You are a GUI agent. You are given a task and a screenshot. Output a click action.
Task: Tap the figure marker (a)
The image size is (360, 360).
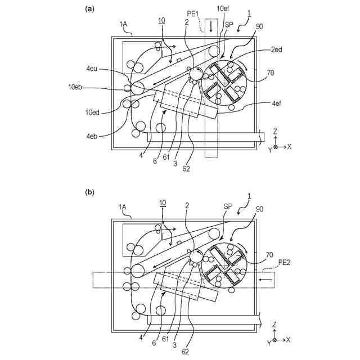coord(89,9)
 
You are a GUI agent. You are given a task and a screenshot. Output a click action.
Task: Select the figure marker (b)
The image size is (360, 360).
coord(89,191)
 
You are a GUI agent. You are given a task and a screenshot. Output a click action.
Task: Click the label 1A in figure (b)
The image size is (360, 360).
coord(123,208)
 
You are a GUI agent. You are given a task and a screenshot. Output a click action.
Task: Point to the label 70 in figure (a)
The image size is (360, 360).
coord(270,73)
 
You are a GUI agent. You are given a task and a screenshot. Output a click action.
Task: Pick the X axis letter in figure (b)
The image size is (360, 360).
coord(289,340)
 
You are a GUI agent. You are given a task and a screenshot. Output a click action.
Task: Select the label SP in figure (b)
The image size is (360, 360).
coord(229,207)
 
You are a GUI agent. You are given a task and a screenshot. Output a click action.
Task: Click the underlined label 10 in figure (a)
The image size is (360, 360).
coord(162,21)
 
